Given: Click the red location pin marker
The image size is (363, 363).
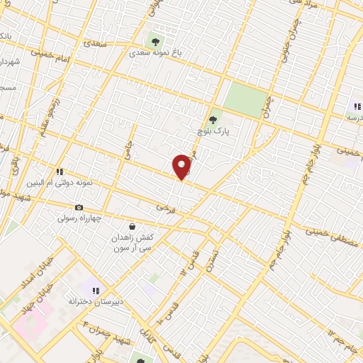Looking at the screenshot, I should tap(182, 166).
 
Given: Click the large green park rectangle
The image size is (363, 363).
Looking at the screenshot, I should tap(246, 99).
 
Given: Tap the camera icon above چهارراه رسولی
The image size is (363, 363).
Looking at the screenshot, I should tap(79, 207).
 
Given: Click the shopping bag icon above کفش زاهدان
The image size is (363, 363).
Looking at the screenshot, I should tap(132, 226).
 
